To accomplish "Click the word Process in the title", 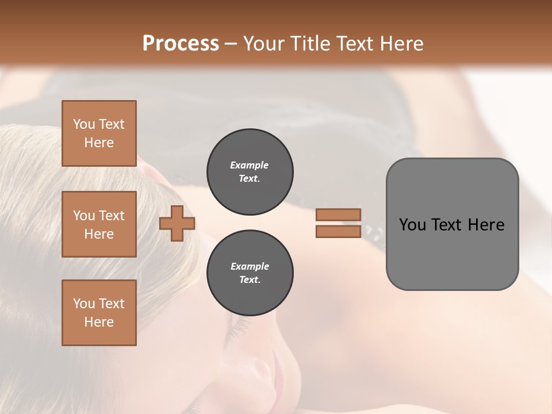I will tap(181, 43).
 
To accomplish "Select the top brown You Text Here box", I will tap(99, 133).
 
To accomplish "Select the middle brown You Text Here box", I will tap(99, 224).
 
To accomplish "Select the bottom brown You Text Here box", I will tap(99, 313).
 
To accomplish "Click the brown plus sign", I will tap(177, 223).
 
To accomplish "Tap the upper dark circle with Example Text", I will tap(250, 172).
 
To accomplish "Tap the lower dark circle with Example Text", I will tap(250, 273).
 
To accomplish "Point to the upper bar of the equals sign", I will tap(338, 214).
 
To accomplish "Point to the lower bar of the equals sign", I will tap(338, 231).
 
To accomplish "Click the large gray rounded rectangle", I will tap(452, 253).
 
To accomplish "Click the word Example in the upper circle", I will tap(250, 165).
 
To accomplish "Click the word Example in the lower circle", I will tap(250, 266).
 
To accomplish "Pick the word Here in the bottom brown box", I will tap(99, 322).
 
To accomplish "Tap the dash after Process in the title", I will tap(231, 44).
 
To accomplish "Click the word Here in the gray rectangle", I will tap(486, 225).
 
